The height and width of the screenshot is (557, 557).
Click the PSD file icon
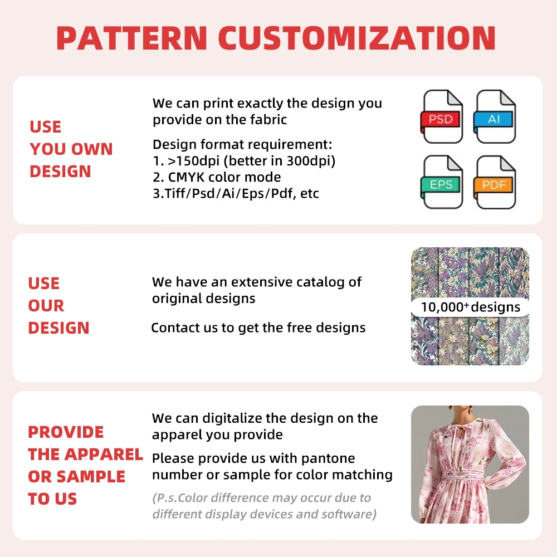[441, 116]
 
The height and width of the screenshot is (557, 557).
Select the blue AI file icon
[494, 116]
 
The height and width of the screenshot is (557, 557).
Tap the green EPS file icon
[441, 182]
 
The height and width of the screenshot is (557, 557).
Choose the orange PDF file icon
[494, 182]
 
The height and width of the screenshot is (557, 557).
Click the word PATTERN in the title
[132, 38]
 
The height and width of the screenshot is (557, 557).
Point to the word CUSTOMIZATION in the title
[356, 38]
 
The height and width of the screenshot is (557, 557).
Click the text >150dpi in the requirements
[194, 161]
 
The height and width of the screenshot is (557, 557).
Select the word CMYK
[186, 177]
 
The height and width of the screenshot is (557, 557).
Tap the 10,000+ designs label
[470, 307]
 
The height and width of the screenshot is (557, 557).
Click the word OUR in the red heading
[46, 306]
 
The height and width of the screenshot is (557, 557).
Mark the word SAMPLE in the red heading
[91, 477]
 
